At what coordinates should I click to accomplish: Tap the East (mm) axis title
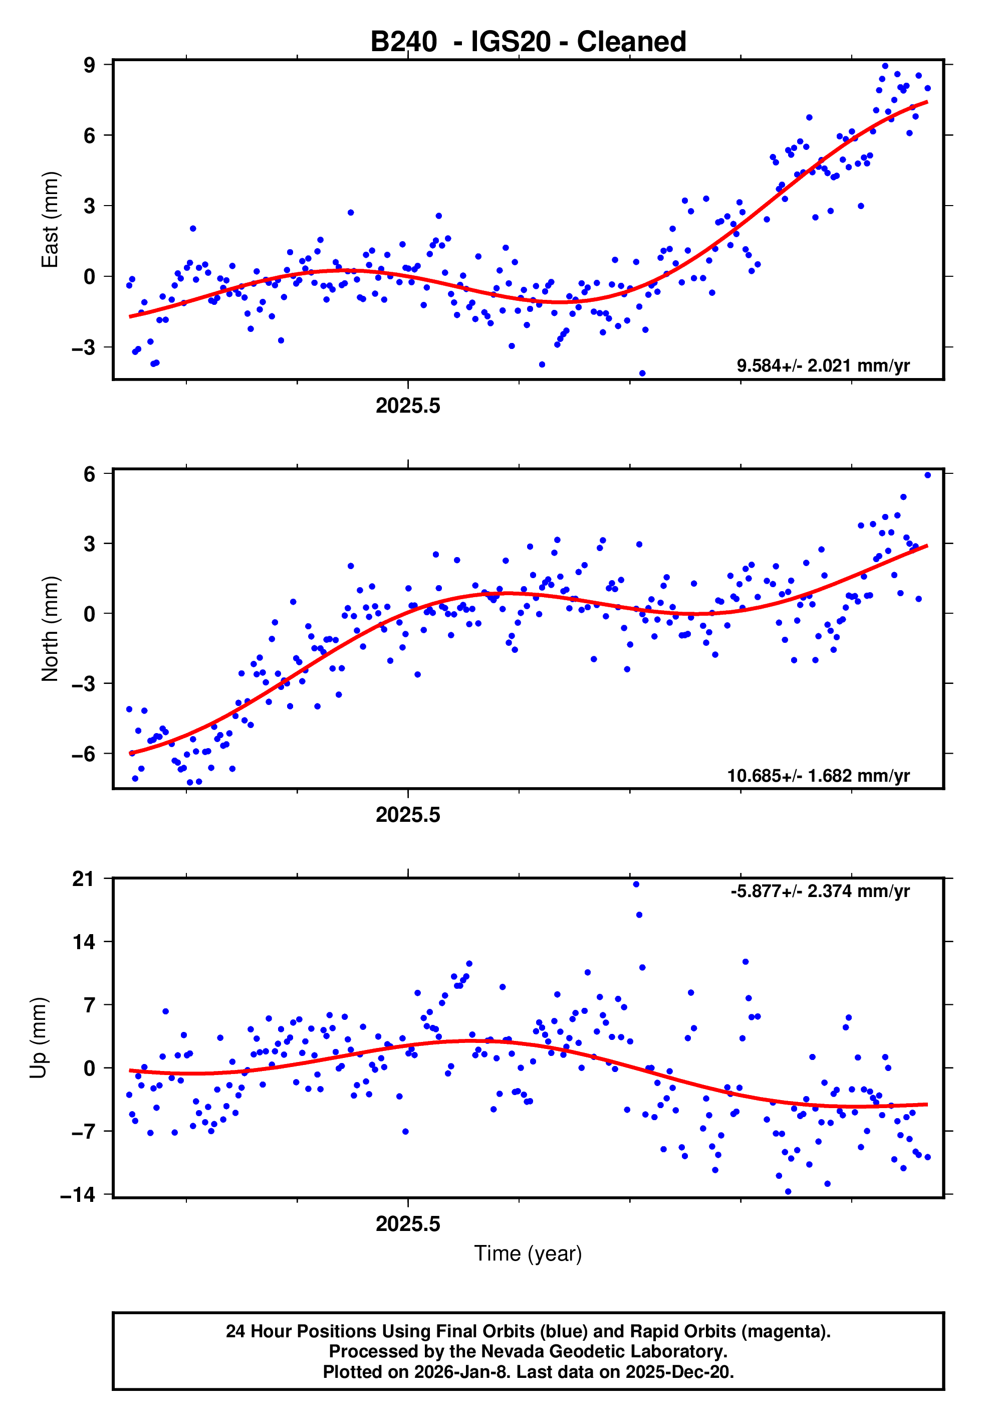point(49,220)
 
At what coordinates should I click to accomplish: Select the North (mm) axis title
point(49,629)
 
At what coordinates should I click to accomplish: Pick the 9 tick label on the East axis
point(90,65)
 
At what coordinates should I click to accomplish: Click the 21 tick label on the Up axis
point(84,879)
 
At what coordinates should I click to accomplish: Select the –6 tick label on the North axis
point(84,754)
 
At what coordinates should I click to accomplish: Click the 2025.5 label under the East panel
point(408,406)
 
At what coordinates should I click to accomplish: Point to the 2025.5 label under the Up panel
point(408,1224)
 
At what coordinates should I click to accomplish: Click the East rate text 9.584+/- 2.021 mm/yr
point(823,366)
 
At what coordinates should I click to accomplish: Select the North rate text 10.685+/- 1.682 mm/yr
point(818,776)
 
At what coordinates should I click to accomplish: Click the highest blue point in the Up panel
point(636,884)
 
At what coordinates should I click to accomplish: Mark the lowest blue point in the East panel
point(642,374)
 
